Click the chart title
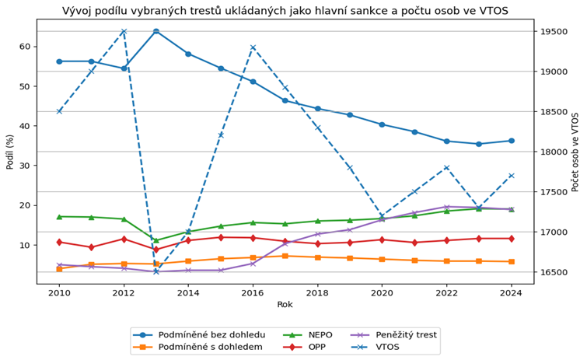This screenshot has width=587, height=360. tap(285, 10)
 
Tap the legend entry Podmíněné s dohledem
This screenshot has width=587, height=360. tap(210, 347)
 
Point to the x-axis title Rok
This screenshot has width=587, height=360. tap(285, 305)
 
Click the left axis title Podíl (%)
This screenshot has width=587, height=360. tap(10, 151)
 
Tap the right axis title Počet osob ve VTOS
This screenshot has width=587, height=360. tap(575, 152)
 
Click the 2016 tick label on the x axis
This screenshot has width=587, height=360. tap(253, 292)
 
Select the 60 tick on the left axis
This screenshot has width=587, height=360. tap(24, 47)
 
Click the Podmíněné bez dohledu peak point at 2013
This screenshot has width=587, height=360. tap(155, 31)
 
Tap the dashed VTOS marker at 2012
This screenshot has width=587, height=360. tap(124, 32)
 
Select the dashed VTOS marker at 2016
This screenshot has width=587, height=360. tap(253, 47)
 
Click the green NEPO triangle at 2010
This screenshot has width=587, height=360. tap(59, 216)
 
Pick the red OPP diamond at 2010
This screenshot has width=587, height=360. tap(59, 242)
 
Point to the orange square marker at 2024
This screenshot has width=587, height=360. tap(511, 261)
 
